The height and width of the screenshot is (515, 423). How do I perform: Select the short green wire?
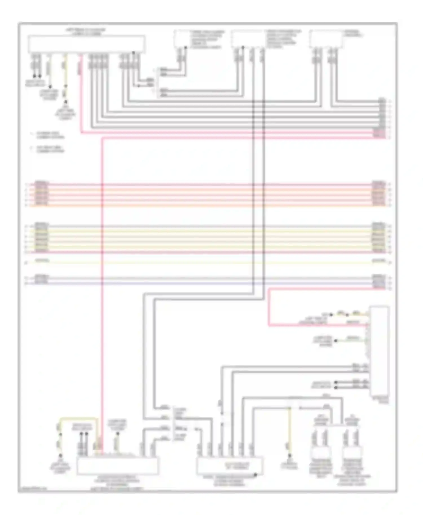click(351, 340)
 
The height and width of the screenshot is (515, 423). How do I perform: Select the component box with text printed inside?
click(230, 466)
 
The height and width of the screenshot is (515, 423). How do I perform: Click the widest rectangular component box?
click(86, 44)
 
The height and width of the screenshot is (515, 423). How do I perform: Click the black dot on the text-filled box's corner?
click(255, 475)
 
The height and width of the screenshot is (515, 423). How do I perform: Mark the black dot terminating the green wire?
click(336, 341)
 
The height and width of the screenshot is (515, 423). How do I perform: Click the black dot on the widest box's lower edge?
click(133, 52)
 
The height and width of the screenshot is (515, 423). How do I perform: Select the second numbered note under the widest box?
click(48, 149)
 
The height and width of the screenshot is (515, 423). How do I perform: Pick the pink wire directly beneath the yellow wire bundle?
click(209, 252)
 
